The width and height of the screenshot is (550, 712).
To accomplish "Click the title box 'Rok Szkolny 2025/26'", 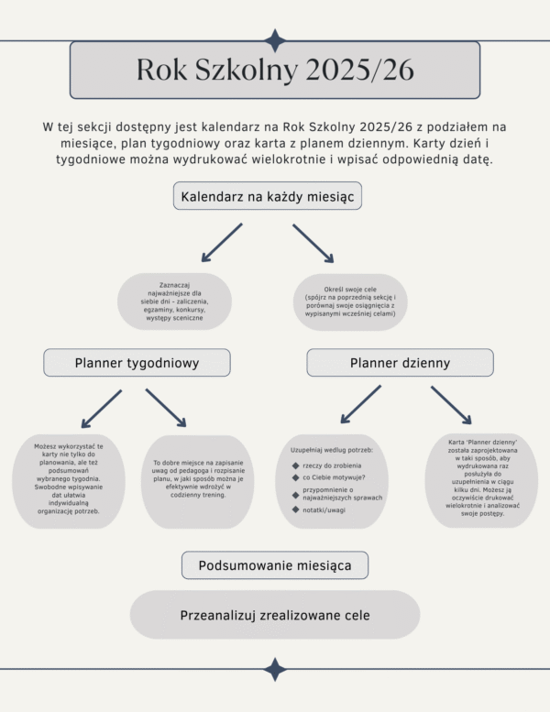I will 275,70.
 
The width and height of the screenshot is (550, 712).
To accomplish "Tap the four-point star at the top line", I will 275,40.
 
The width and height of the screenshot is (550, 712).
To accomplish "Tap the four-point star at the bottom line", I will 275,669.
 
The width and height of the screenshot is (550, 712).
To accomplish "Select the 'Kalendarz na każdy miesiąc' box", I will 268,196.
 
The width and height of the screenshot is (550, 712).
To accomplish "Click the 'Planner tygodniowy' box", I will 137,363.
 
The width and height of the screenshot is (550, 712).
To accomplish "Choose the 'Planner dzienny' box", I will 400,363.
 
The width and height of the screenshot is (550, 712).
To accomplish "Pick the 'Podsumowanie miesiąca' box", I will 275,565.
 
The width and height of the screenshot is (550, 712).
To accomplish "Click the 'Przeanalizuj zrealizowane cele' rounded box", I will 275,615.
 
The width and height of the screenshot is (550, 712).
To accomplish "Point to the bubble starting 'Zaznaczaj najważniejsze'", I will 174,301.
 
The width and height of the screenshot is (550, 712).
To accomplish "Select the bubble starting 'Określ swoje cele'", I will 350,301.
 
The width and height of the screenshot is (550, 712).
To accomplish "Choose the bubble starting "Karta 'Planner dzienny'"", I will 483,479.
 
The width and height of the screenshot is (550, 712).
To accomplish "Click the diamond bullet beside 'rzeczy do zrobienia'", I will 294,466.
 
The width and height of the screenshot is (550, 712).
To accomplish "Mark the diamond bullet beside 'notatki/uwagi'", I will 294,509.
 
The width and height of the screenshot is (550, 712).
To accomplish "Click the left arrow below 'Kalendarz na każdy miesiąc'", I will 221,242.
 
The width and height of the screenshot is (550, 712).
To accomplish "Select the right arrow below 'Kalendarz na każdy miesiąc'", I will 313,242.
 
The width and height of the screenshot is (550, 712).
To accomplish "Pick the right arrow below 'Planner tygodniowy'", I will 166,408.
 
